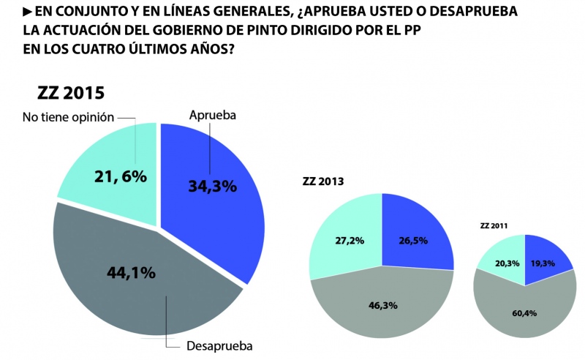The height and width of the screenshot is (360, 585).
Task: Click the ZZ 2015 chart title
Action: click(x=71, y=94)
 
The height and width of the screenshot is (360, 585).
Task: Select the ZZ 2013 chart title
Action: click(x=323, y=181)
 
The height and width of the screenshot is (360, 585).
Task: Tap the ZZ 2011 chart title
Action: click(x=494, y=226)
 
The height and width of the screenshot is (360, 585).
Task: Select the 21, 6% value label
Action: click(x=121, y=176)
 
